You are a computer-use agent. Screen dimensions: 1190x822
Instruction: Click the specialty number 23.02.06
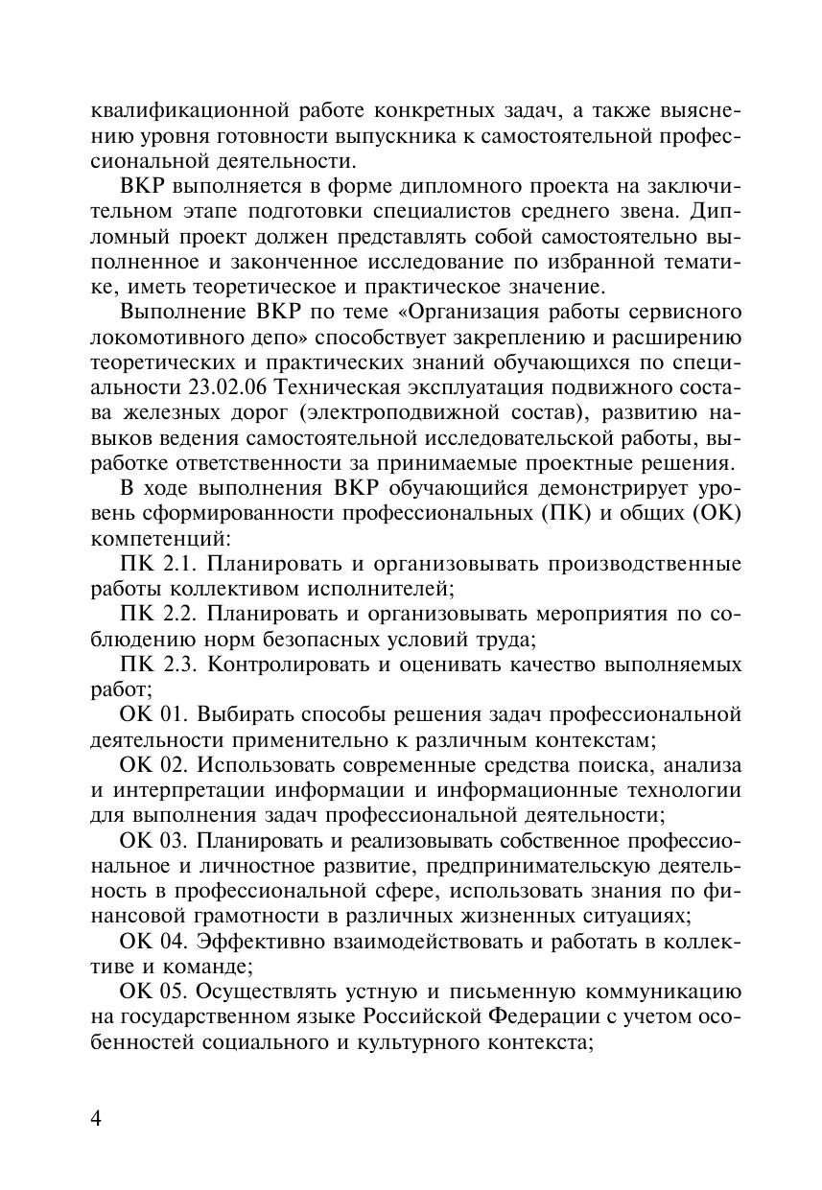click(x=220, y=386)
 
